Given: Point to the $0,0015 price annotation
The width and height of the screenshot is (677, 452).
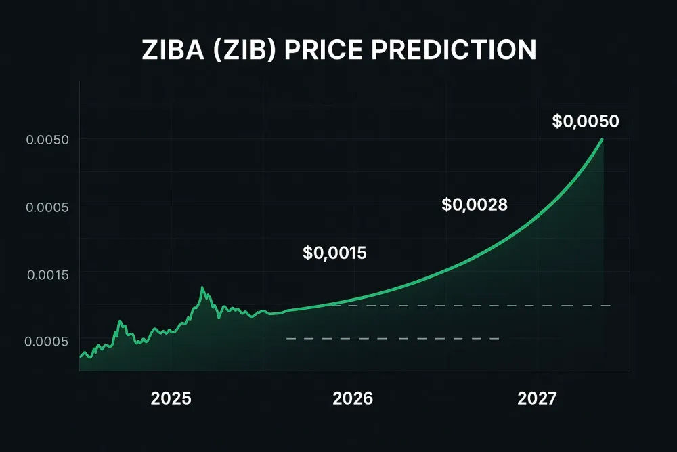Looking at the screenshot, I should (x=334, y=253).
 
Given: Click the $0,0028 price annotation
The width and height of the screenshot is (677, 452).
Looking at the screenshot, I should (x=475, y=203).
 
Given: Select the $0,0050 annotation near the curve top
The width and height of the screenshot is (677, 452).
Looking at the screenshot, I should (x=586, y=121).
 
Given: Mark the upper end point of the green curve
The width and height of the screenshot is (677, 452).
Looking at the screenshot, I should (x=602, y=139).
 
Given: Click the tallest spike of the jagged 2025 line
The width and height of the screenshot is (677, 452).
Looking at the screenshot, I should (x=202, y=288).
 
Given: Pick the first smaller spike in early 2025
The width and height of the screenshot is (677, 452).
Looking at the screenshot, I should (x=120, y=321).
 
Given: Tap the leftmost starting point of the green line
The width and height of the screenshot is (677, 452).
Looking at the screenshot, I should (x=80, y=356).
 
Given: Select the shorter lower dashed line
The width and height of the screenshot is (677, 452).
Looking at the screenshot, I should (x=393, y=338).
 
